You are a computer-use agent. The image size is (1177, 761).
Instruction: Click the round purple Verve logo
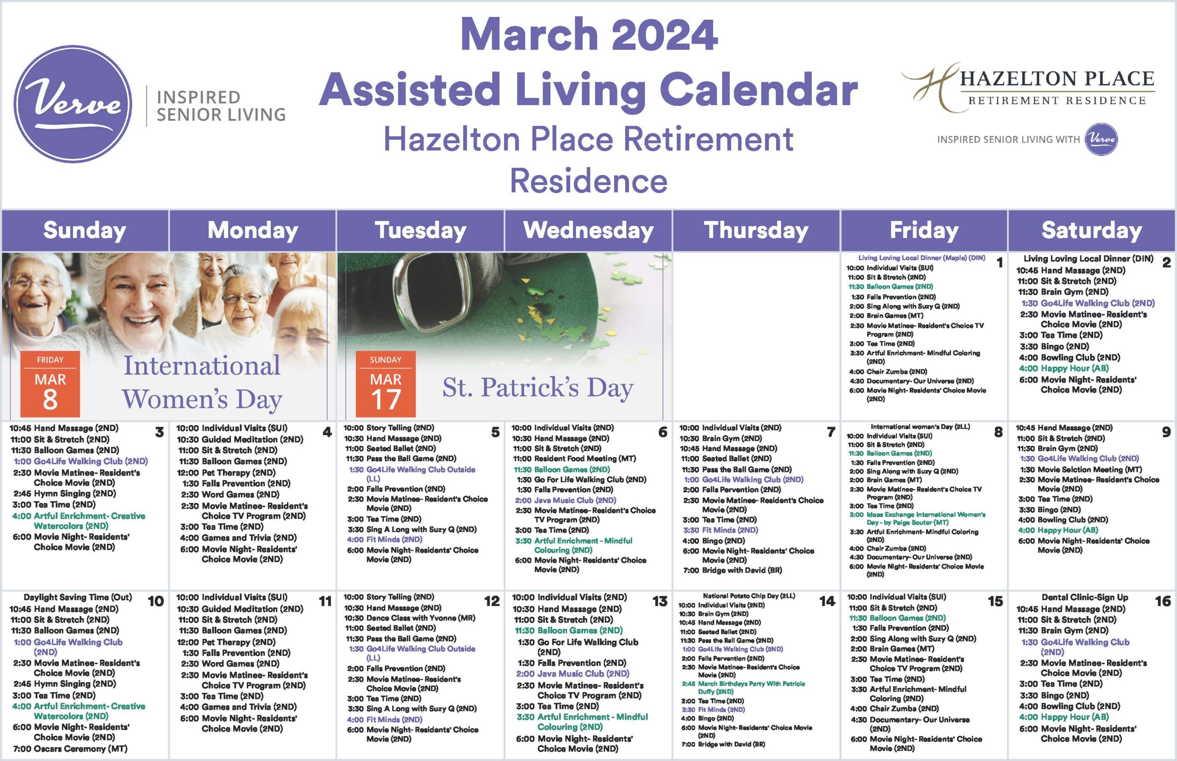coord(73,104)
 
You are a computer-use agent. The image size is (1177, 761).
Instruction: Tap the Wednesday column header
coord(588,231)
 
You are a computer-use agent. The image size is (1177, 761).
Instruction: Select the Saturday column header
coord(1091,231)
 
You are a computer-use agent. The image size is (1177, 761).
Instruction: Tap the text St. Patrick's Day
coord(538,388)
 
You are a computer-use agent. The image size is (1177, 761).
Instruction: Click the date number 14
coord(827,602)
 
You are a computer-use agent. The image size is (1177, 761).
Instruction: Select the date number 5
coord(495,432)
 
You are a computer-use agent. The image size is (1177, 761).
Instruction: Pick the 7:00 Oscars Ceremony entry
coord(70,749)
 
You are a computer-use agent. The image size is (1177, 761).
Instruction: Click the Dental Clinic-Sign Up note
coord(1085,597)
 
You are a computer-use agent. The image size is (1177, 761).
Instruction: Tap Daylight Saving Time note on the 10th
coord(78,597)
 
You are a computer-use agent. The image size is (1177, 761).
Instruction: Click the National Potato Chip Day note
coord(749,596)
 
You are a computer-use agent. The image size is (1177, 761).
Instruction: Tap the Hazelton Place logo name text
coord(1057,79)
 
